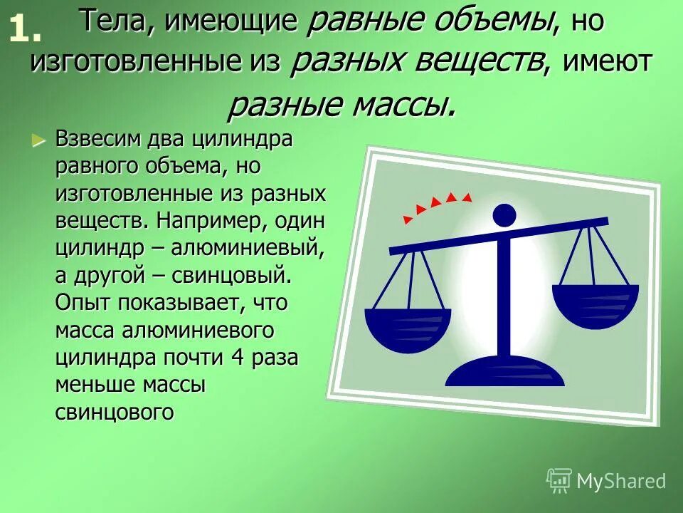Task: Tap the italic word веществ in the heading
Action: [x=485, y=62]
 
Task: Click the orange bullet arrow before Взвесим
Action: [x=39, y=139]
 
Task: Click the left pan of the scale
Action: [x=408, y=329]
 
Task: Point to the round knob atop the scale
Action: [x=504, y=214]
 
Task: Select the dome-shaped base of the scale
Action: [x=504, y=372]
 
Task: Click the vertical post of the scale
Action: [x=504, y=299]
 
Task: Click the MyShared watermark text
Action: [x=621, y=481]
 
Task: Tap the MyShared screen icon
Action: [x=558, y=480]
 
